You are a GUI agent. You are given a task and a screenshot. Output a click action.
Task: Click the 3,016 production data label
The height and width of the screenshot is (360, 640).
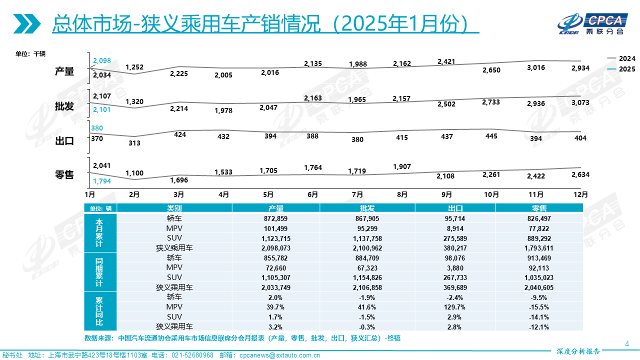point(535,68)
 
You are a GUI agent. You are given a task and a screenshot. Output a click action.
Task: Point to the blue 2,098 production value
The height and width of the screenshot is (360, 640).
point(101,60)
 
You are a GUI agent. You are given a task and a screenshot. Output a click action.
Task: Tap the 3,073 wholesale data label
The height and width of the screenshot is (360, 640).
point(580,102)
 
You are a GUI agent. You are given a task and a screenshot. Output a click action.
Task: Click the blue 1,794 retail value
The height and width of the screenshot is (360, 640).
point(101,181)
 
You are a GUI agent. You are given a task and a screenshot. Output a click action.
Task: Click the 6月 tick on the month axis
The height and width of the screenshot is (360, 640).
point(313,194)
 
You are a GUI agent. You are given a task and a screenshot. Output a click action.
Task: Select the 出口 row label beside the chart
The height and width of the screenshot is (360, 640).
point(64,141)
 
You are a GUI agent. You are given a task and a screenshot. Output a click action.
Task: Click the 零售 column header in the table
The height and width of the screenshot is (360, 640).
point(538,208)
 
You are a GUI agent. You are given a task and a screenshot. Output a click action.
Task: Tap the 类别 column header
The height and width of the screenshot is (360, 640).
point(174,208)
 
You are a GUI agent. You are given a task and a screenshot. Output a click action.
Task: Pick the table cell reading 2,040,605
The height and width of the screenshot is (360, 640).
point(538,287)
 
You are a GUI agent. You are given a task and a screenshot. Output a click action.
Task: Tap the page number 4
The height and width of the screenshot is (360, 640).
point(627,343)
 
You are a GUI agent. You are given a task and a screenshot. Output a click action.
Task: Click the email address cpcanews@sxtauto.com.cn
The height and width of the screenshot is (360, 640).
point(280,355)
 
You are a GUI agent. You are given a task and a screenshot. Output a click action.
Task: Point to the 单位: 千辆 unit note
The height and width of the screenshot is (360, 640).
point(30,53)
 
